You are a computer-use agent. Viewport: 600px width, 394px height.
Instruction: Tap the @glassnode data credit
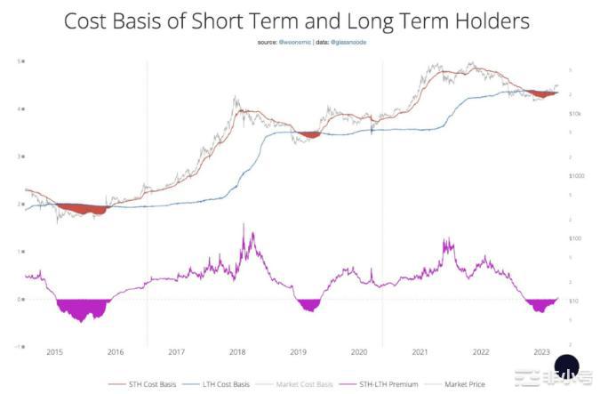[350, 43]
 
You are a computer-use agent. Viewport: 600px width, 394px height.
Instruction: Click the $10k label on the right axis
[574, 114]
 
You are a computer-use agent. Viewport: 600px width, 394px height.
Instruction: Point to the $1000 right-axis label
[575, 176]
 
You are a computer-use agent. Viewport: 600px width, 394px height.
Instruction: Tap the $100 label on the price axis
[574, 238]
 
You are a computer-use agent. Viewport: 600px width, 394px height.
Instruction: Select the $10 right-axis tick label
[573, 301]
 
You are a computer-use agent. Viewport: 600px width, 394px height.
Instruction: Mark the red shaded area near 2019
[309, 134]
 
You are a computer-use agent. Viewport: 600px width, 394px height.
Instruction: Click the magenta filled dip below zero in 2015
[81, 309]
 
